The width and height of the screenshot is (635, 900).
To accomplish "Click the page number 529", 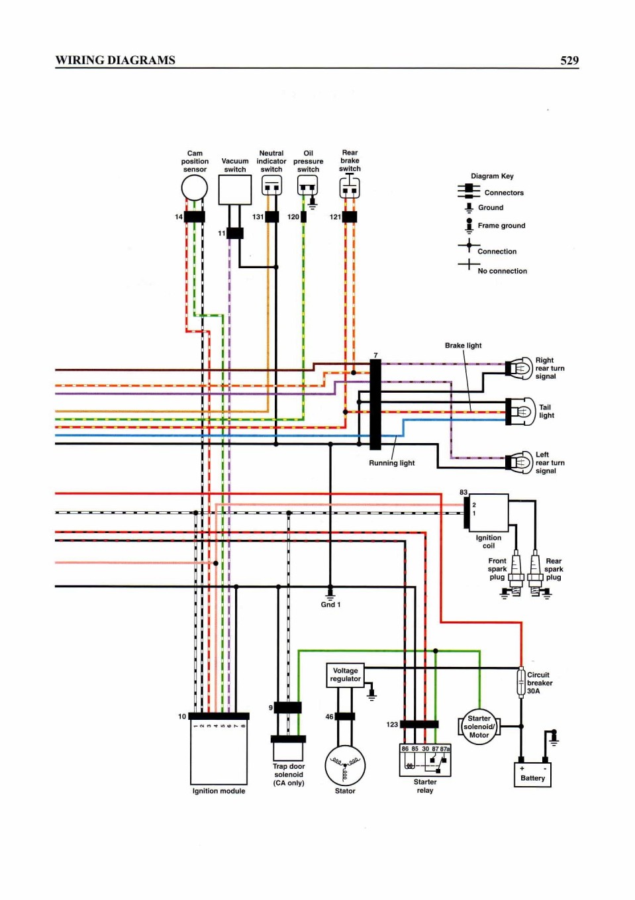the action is pyautogui.click(x=569, y=60).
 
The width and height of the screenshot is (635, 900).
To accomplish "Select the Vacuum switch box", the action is pyautogui.click(x=235, y=189).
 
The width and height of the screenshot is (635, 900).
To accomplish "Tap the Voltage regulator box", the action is pyautogui.click(x=345, y=675).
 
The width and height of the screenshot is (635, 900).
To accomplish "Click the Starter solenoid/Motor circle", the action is pyautogui.click(x=479, y=726).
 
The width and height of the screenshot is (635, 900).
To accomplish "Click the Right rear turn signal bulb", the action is pyautogui.click(x=520, y=368).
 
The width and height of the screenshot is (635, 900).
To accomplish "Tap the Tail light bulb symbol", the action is pyautogui.click(x=520, y=411).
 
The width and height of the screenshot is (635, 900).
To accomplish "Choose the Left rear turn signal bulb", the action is pyautogui.click(x=520, y=462).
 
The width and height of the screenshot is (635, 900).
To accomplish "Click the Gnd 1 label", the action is pyautogui.click(x=330, y=604).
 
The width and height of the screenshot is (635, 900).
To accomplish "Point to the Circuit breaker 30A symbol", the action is pyautogui.click(x=521, y=682).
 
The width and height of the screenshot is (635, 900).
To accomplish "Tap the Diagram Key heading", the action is pyautogui.click(x=492, y=176).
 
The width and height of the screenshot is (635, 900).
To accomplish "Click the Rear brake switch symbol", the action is pyautogui.click(x=350, y=187).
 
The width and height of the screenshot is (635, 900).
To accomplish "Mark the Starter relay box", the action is pyautogui.click(x=425, y=760).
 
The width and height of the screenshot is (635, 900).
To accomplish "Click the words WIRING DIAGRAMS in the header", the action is pyautogui.click(x=115, y=60).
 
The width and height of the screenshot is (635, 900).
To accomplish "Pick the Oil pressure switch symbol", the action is pyautogui.click(x=308, y=185).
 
